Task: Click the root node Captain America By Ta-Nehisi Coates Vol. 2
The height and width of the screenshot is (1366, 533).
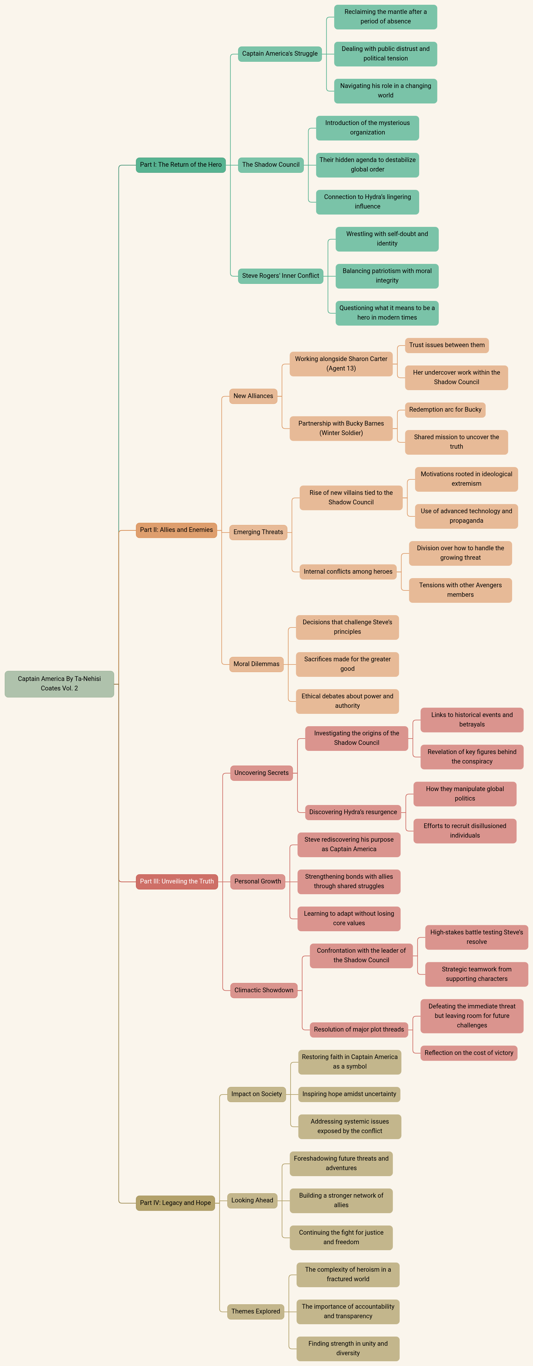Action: (x=59, y=683)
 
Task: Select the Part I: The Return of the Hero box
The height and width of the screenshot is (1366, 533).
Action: (x=181, y=165)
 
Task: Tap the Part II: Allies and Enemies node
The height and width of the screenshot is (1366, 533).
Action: (x=176, y=530)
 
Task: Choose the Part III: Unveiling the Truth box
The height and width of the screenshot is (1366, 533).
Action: (x=177, y=881)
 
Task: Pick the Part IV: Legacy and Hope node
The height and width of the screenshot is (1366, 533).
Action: (x=175, y=1203)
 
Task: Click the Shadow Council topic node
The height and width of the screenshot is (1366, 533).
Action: (x=271, y=165)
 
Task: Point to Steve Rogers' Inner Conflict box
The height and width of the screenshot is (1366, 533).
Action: (x=280, y=276)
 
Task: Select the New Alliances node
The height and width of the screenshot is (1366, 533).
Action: (x=253, y=396)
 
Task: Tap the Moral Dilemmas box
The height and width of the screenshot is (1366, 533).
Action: (x=256, y=664)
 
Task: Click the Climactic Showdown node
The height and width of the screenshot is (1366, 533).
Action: (x=264, y=990)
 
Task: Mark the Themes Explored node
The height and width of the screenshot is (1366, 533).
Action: (x=255, y=1311)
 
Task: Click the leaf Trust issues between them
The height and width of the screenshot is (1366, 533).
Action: (x=447, y=345)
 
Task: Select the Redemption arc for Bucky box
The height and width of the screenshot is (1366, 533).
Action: (x=445, y=410)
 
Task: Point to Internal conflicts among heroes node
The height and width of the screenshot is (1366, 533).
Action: (x=348, y=572)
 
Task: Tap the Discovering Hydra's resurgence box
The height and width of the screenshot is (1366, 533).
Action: (x=353, y=812)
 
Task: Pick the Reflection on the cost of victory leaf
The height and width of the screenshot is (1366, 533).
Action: (x=469, y=1053)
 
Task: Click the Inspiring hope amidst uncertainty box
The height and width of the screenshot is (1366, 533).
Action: (x=349, y=1094)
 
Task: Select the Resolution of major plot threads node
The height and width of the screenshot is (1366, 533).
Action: (x=359, y=1029)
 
